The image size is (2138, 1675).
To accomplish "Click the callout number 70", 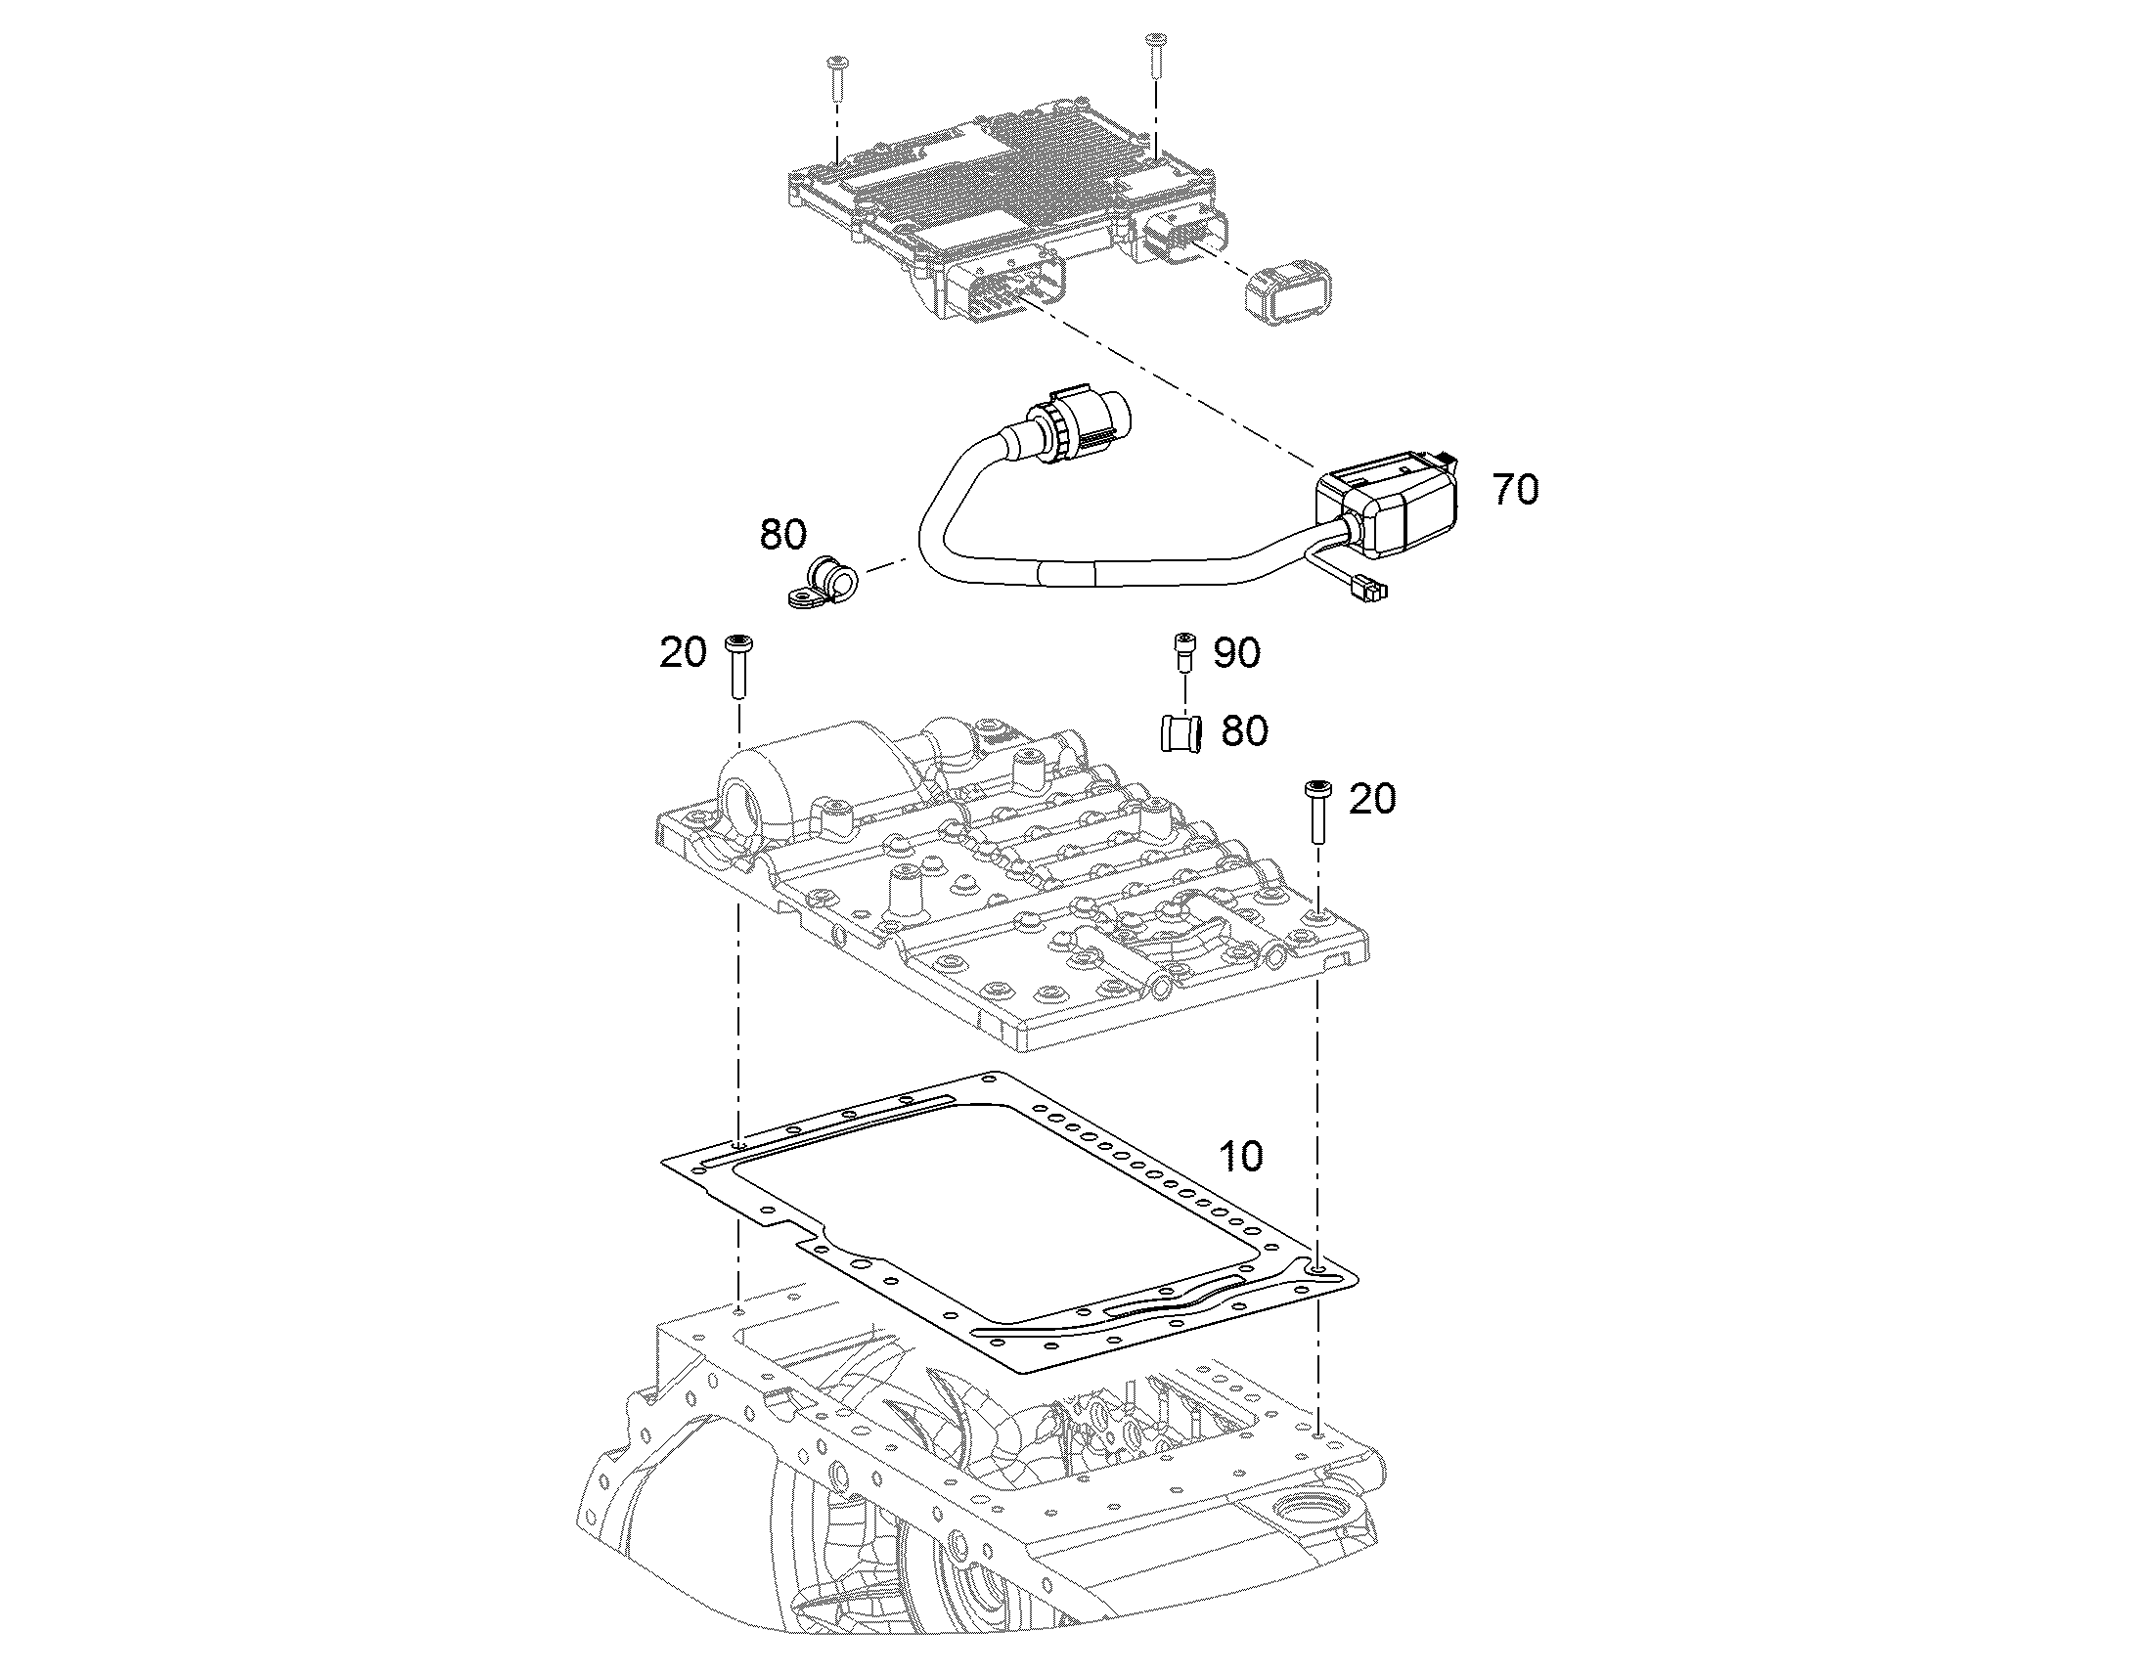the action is pos(1515,489).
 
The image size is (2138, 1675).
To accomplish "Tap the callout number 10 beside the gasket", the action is pos(1240,1156).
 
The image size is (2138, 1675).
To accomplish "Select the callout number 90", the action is pos(1236,652).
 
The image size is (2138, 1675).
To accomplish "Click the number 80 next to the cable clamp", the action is pos(783,535).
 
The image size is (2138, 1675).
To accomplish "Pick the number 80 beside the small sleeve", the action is pos(1244,730).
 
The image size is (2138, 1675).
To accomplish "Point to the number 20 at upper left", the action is pos(684,652).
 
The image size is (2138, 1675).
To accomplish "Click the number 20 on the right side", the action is pos(1372,799).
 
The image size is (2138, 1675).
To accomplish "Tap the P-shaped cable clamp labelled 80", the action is pos(823,585).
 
